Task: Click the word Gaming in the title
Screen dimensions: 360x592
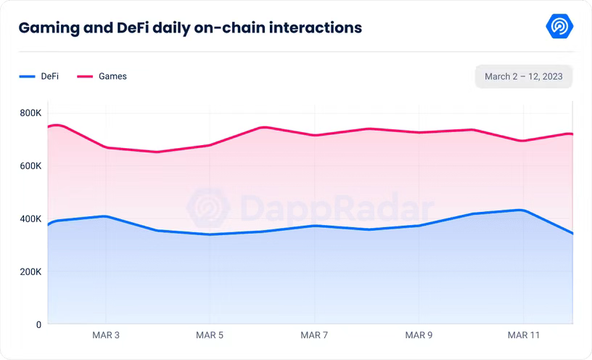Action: [x=49, y=28]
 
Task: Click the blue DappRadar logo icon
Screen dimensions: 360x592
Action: [x=559, y=27]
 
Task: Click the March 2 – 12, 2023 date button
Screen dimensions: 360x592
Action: [x=524, y=76]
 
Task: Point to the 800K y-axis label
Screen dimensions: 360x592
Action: [x=30, y=113]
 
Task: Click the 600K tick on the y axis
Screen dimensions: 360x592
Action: [x=30, y=166]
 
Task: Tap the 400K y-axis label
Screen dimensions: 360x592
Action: [x=30, y=219]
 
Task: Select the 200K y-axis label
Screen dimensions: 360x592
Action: [x=30, y=272]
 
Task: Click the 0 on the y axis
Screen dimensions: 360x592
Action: [x=38, y=325]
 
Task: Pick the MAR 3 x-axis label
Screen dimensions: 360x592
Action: [x=106, y=335]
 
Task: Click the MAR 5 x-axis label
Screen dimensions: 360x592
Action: [x=210, y=335]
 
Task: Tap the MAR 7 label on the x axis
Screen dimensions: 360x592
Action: [x=315, y=335]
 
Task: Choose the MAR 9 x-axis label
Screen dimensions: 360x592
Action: [x=419, y=335]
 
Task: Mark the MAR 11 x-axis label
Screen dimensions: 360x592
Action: [x=523, y=335]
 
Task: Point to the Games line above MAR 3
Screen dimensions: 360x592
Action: [x=106, y=147]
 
